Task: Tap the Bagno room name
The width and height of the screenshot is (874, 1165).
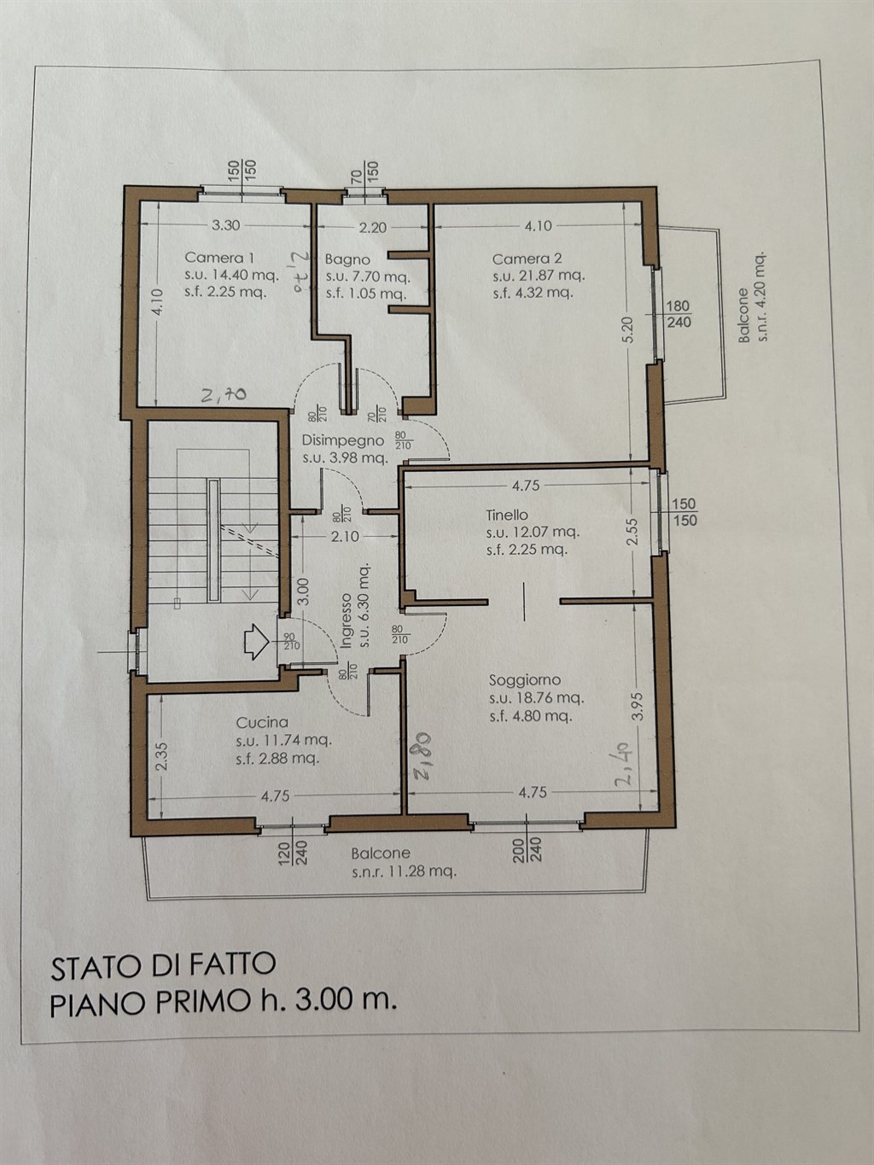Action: pos(347,259)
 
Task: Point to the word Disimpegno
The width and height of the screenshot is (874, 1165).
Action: pos(343,440)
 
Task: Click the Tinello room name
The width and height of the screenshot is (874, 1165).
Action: pos(507,515)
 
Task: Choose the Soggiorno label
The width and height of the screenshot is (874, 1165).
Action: pos(525,680)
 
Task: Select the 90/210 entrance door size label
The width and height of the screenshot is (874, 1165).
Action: pos(291,641)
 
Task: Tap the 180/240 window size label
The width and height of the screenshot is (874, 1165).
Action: pos(679,314)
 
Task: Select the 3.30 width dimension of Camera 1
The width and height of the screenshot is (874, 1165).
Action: pos(225,225)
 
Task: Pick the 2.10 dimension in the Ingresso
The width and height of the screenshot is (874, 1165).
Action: pos(345,537)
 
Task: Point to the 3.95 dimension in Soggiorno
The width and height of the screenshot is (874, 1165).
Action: pos(639,707)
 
